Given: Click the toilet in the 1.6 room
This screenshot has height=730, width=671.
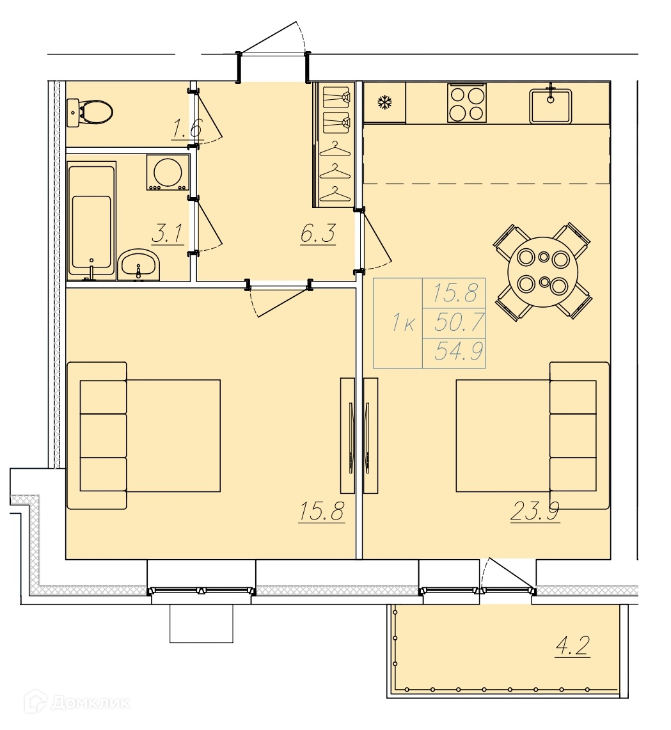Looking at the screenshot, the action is coord(91,112).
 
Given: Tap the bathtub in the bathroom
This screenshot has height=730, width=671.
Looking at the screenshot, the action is coord(91,221).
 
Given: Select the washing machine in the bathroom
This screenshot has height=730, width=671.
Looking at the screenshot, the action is coord(168,172).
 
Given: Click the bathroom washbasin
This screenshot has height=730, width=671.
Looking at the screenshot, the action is coord(139,265).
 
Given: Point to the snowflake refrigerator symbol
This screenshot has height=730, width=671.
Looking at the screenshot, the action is coord(384,102).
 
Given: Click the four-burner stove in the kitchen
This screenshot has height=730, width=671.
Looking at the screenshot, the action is coord(467,103).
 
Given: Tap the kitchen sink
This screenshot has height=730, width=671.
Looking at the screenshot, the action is coord(551,106).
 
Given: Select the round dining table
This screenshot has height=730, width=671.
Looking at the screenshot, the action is coord(543,271).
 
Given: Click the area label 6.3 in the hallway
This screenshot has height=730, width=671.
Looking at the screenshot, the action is coord(318,234).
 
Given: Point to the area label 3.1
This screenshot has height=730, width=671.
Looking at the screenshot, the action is coord(168,234).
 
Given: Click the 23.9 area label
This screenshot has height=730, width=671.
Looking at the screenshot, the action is coord(535,512).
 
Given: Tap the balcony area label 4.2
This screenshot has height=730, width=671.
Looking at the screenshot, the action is coord(572,646).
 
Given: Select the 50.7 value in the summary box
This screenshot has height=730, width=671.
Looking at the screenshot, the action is coord(459,322).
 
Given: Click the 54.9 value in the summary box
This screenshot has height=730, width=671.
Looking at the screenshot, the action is coord(459,351).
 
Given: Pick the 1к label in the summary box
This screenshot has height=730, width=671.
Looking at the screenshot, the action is coord(403,322).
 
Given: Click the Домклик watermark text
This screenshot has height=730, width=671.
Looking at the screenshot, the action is coord(91,702).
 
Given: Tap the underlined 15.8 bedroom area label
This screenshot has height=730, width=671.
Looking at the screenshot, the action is coord(322,511).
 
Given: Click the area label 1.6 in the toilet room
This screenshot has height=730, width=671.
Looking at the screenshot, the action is coord(187,129).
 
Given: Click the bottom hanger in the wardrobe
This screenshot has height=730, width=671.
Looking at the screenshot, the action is coord(335,195).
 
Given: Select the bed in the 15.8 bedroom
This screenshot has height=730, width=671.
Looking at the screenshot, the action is coord(144,435).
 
